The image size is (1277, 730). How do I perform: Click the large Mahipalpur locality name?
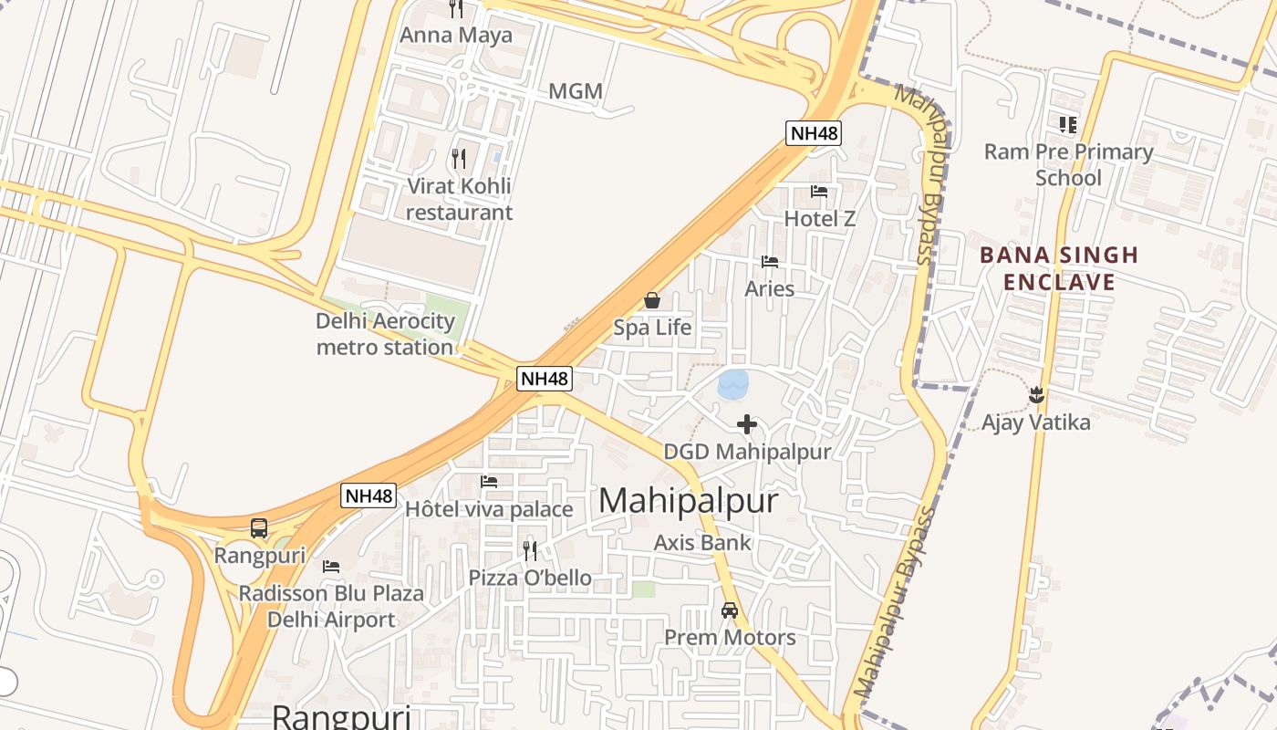(689, 501)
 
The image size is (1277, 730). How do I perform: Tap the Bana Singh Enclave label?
(1059, 268)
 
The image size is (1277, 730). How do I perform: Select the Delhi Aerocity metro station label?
(385, 334)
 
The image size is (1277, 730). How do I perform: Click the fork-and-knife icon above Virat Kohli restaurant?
(459, 159)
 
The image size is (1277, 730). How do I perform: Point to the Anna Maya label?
(456, 36)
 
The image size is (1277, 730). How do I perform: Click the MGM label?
(576, 91)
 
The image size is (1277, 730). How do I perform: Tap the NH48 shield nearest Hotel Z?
(814, 133)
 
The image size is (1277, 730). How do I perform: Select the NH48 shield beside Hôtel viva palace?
(369, 496)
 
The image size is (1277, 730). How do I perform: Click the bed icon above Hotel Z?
(819, 192)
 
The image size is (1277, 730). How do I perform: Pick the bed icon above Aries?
(770, 262)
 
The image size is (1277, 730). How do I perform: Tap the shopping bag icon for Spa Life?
(652, 299)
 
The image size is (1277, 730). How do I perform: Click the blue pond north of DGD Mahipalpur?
(733, 384)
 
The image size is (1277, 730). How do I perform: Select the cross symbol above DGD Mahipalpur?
(747, 424)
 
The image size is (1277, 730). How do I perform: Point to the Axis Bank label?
(702, 543)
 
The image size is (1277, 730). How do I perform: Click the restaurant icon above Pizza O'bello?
(530, 550)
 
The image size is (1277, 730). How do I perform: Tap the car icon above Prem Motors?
(730, 610)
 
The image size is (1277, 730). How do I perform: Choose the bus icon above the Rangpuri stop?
(259, 527)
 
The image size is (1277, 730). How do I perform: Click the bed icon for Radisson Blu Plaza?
(331, 567)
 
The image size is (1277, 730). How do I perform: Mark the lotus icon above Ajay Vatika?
(1036, 395)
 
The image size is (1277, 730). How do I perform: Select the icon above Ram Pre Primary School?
(1068, 124)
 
